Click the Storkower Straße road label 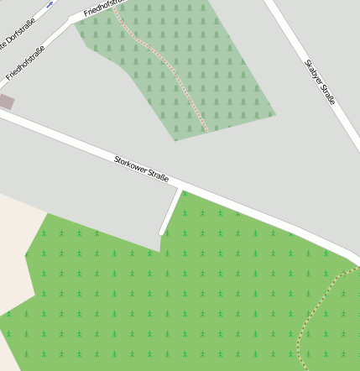(x=141, y=168)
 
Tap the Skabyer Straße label (x=320, y=81)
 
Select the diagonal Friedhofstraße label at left (x=24, y=63)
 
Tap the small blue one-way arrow (x=50, y=3)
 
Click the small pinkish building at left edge (x=6, y=102)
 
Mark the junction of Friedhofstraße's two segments (x=76, y=18)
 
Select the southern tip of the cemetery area (x=175, y=139)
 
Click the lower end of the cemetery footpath (x=205, y=130)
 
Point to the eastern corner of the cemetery (x=275, y=114)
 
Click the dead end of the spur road (x=163, y=233)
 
